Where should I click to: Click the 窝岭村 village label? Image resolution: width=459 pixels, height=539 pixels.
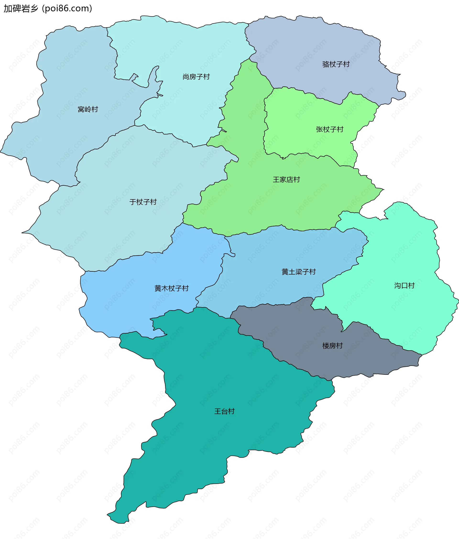point(88,109)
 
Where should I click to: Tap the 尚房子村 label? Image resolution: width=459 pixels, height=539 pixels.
point(196,77)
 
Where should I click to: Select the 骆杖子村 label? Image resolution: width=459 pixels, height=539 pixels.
point(336,64)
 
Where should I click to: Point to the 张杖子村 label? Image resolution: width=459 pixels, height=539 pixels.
point(330,129)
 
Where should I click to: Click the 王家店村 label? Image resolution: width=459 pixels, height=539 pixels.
point(286,180)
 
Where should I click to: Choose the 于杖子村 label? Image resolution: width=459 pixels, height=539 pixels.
point(143,202)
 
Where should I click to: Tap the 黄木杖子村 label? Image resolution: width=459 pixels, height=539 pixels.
point(171,288)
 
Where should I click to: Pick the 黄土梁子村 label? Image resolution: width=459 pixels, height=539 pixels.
point(299,272)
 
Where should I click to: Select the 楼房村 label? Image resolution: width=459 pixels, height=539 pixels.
point(333,346)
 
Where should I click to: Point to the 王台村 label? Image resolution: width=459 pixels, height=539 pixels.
point(224,411)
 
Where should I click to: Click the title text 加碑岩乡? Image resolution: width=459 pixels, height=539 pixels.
point(21,8)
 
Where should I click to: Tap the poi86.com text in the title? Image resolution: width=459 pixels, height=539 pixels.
point(67,8)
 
